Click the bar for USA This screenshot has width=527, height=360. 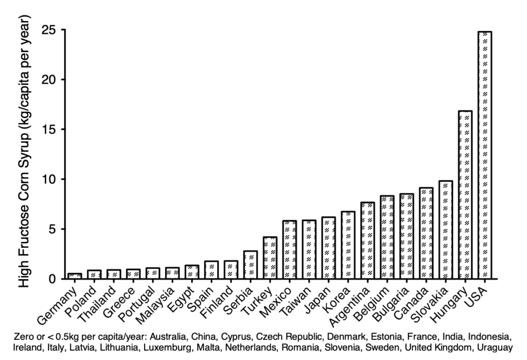pyautogui.click(x=484, y=154)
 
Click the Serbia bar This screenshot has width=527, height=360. pyautogui.click(x=250, y=265)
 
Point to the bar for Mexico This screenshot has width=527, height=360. pyautogui.click(x=289, y=249)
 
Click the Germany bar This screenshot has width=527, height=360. pyautogui.click(x=75, y=276)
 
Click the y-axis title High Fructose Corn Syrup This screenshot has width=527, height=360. pyautogui.click(x=23, y=152)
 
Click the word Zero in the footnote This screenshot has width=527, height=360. pyautogui.click(x=25, y=337)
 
